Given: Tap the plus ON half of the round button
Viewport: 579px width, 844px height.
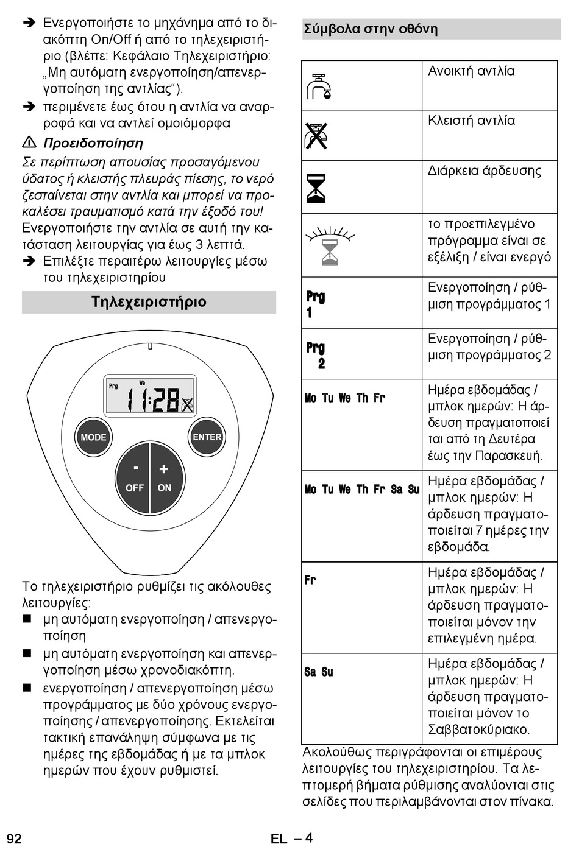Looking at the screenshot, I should coord(165,477).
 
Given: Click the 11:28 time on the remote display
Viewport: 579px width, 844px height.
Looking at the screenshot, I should coord(153,400).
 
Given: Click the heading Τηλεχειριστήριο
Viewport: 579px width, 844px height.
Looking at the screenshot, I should coord(149,302).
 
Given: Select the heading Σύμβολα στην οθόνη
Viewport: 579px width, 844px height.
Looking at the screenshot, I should coord(371,29).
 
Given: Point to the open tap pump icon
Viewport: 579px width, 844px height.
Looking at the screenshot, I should coord(318,86).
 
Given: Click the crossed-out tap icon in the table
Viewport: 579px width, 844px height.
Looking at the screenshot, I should coord(316,135).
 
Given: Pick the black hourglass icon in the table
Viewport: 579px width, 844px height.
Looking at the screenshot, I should coord(316,188).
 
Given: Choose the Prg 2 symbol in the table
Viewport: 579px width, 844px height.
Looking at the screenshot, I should coord(316,355).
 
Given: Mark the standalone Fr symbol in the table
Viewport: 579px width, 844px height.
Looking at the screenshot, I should coord(310,580).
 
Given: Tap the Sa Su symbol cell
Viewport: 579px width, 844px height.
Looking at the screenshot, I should coord(319,672).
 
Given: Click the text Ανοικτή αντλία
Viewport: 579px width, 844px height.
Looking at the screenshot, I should coord(471,71).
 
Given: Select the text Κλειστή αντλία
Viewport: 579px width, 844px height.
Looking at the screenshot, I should coord(471,121).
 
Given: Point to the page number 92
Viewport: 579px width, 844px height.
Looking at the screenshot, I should coord(14,838).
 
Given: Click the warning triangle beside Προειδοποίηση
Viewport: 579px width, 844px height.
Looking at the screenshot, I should coord(29,143).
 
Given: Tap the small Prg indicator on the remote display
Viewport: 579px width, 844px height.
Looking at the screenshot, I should coord(113,386).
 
